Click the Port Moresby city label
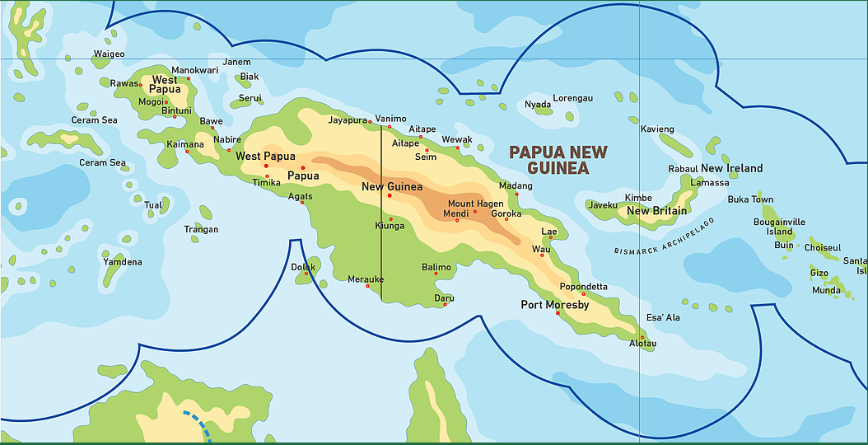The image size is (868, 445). pyautogui.click(x=554, y=305)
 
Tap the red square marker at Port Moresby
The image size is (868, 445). pyautogui.click(x=558, y=313)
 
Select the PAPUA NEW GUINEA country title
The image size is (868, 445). pyautogui.click(x=558, y=160)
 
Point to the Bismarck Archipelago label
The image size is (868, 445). pyautogui.click(x=665, y=237)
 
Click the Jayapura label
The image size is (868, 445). pyautogui.click(x=347, y=119)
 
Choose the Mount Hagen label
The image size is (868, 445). pyautogui.click(x=475, y=204)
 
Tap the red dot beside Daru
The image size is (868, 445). pyautogui.click(x=445, y=304)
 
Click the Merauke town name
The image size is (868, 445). pyautogui.click(x=366, y=279)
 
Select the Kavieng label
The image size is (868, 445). pyautogui.click(x=657, y=129)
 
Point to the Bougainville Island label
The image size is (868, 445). pyautogui.click(x=779, y=227)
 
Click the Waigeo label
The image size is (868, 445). pyautogui.click(x=109, y=54)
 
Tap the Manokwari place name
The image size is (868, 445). pyautogui.click(x=194, y=70)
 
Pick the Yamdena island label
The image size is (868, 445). pyautogui.click(x=122, y=262)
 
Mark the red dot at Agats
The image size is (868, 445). pyautogui.click(x=302, y=203)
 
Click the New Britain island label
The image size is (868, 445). pyautogui.click(x=656, y=211)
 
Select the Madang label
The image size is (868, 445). pyautogui.click(x=516, y=186)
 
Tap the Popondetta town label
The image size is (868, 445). pyautogui.click(x=583, y=287)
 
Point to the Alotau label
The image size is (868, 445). pyautogui.click(x=642, y=343)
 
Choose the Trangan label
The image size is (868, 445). pyautogui.click(x=201, y=229)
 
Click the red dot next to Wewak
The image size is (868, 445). pyautogui.click(x=458, y=148)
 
